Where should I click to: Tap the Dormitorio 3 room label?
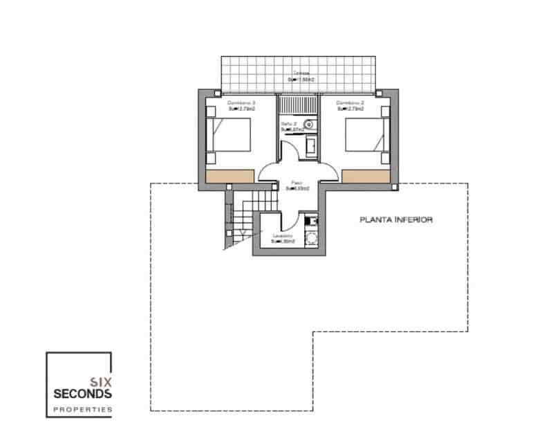pos(241,102)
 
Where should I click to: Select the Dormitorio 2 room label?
pos(350,102)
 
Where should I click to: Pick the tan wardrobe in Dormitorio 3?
pos(232,176)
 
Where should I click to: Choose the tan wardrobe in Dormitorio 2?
pos(366,176)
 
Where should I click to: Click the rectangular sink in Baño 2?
pos(310,146)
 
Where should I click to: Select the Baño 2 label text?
pos(288,125)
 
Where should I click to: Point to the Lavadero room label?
pos(283,237)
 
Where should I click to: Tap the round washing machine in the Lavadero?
pos(311,239)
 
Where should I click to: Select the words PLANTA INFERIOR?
pos(396,221)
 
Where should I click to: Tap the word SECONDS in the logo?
pos(82,394)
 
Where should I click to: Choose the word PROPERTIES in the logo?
pos(82,410)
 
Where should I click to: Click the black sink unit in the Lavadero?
pos(311,221)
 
